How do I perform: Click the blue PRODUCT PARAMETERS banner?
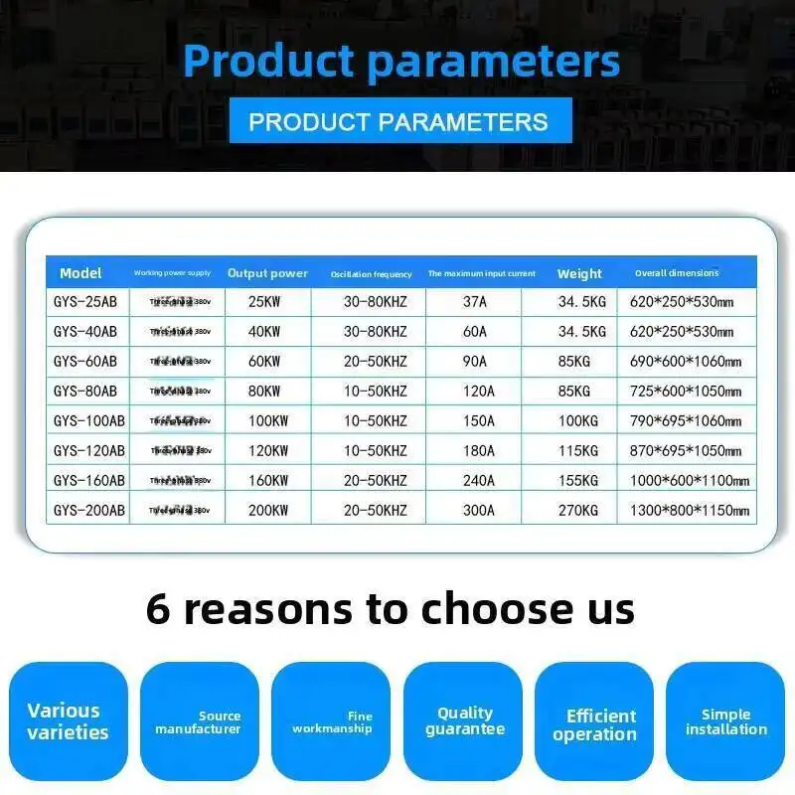tap(398, 121)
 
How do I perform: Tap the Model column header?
tap(80, 273)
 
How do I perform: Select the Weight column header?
tap(579, 273)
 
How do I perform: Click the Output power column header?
tap(267, 273)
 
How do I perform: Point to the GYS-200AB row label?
tap(88, 510)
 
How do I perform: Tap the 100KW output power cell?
tap(267, 420)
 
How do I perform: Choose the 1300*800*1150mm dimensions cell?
tap(688, 510)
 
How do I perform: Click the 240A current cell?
tap(478, 480)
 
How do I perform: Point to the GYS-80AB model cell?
tap(84, 391)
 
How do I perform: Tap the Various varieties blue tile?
tap(69, 722)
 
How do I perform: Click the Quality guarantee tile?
tap(464, 722)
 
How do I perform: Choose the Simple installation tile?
tap(725, 722)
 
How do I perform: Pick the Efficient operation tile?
tap(594, 722)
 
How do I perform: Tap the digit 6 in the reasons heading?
tap(158, 608)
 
